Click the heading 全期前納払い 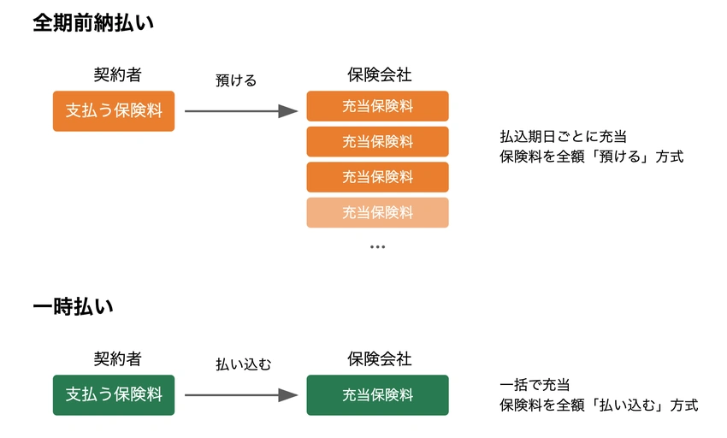(93, 23)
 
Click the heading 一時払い (74, 306)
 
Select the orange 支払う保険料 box (114, 110)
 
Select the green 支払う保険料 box (114, 395)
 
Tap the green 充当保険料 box (377, 395)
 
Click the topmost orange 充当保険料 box (377, 106)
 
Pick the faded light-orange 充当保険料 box (377, 212)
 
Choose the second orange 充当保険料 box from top (377, 141)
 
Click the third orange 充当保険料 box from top (377, 177)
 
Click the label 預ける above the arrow (236, 80)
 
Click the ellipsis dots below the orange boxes (377, 246)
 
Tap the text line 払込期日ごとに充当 (558, 137)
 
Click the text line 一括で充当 (535, 385)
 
